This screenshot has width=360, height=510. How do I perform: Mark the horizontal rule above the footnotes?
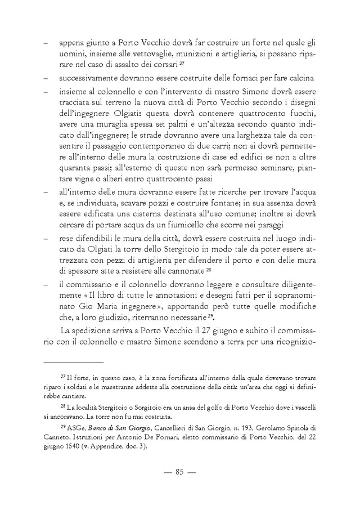click(x=74, y=362)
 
